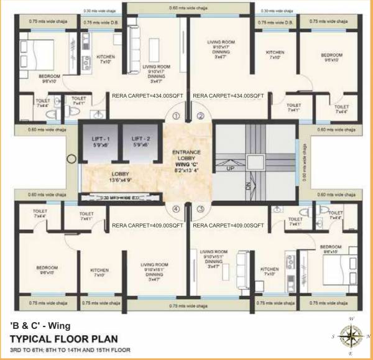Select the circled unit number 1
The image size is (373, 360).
pyautogui.click(x=177, y=116)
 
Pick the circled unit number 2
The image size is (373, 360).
pyautogui.click(x=200, y=116)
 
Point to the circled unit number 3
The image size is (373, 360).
pyautogui.click(x=200, y=210)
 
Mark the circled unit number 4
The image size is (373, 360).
pyautogui.click(x=177, y=210)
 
